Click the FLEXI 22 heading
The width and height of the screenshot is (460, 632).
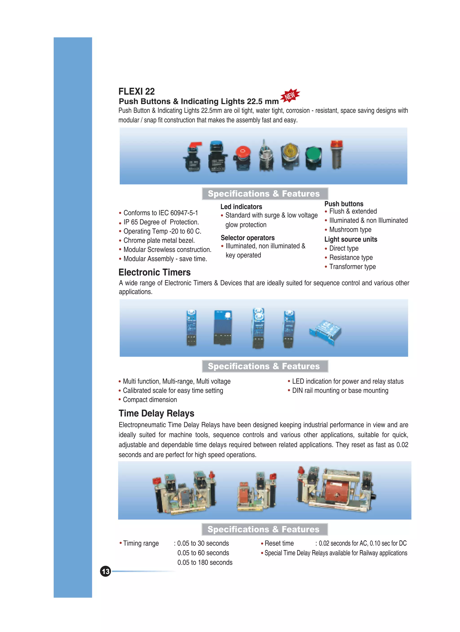136,91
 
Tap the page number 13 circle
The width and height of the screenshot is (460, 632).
105,571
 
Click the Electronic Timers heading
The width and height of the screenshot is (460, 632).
155,272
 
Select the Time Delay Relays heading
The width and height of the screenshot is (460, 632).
156,413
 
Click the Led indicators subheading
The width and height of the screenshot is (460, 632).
241,207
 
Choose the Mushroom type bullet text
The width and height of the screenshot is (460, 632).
350,230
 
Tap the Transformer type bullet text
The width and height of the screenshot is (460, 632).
352,267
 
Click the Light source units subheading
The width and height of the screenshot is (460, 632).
351,239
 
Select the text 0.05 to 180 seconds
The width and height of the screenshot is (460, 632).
205,562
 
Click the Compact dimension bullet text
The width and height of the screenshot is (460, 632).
150,399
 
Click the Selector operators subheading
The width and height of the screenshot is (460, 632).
248,238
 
